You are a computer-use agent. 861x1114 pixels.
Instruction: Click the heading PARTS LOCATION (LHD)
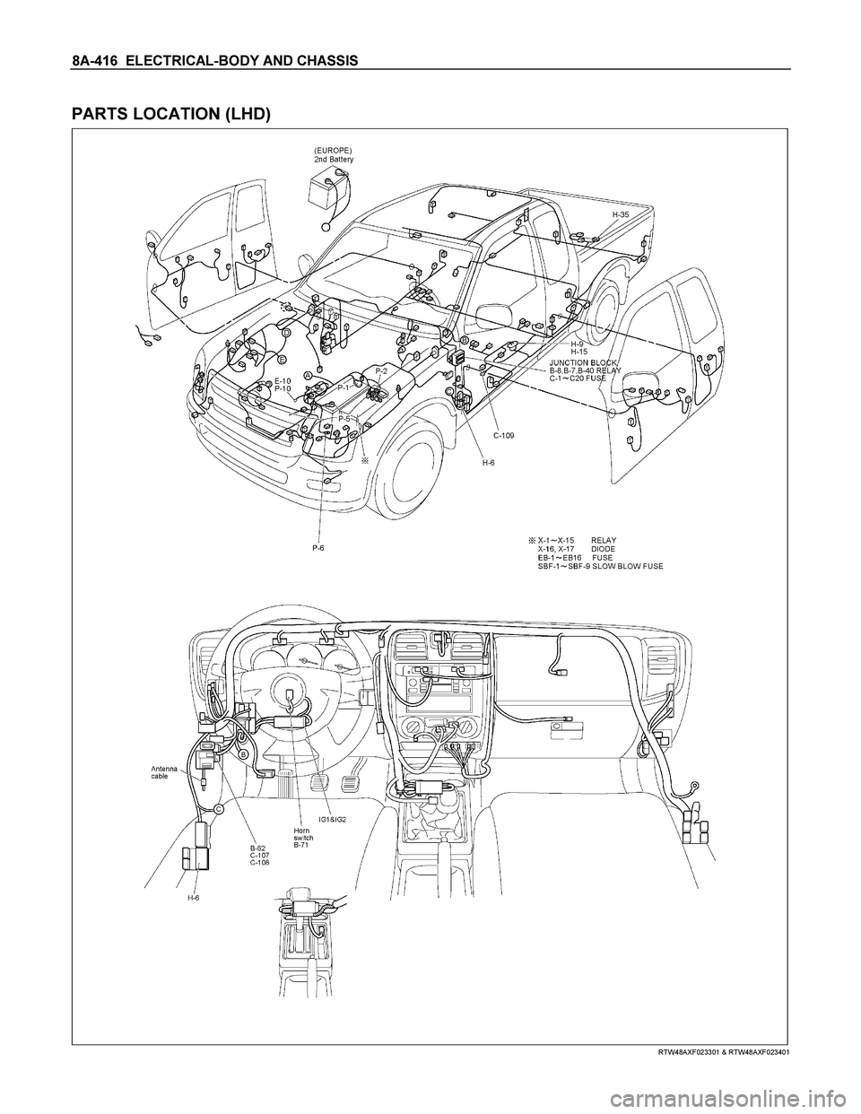pyautogui.click(x=170, y=111)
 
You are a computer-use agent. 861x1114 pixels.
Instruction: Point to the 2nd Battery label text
pyautogui.click(x=334, y=160)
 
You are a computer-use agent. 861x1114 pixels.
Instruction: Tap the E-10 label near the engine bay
pyautogui.click(x=283, y=380)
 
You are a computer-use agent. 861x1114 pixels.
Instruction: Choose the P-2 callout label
pyautogui.click(x=381, y=370)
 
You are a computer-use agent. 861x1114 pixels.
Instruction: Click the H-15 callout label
pyautogui.click(x=579, y=352)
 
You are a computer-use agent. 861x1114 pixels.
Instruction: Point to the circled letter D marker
pyautogui.click(x=286, y=332)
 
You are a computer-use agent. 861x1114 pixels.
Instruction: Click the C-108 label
pyautogui.click(x=257, y=862)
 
